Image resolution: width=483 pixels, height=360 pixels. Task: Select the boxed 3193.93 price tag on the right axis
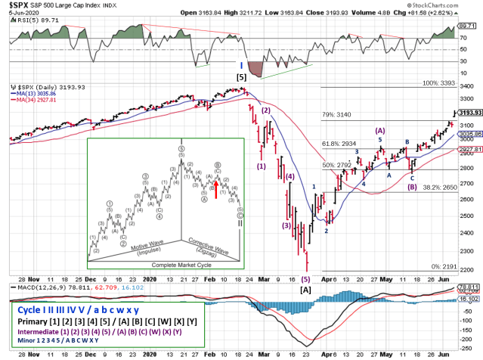pyautogui.click(x=470, y=112)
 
